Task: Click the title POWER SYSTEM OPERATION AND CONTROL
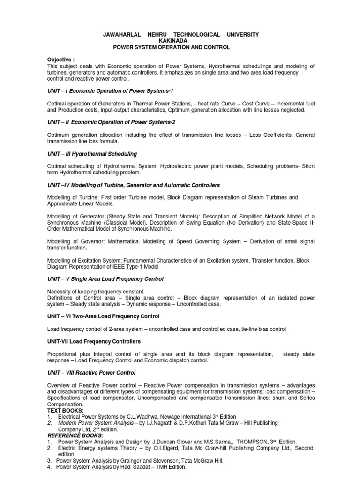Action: (180, 48)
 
